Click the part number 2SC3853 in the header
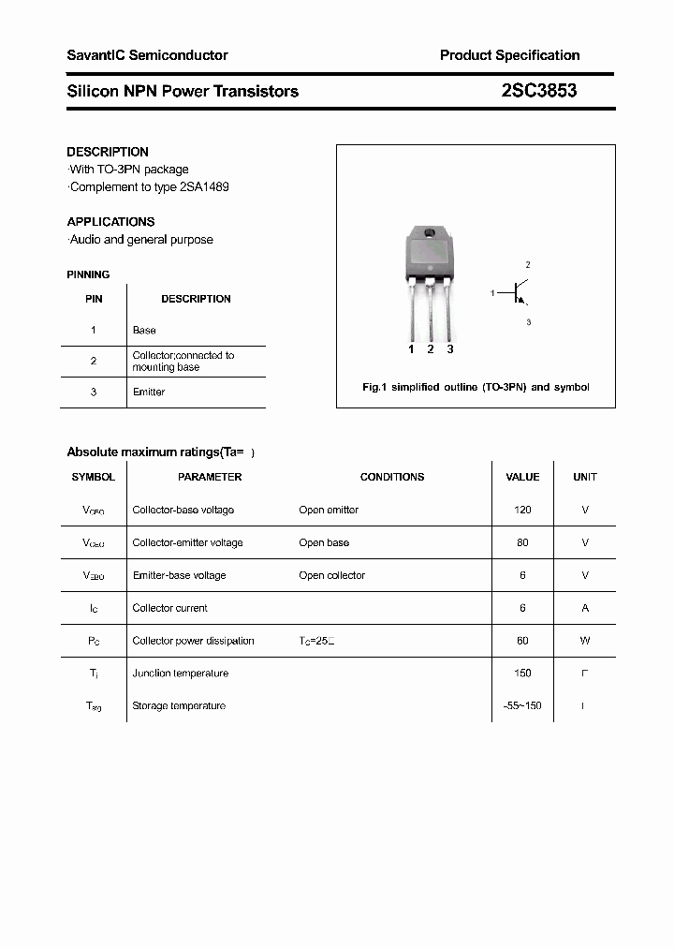(539, 91)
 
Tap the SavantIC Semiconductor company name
(147, 55)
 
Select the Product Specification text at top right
(509, 55)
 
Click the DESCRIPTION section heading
(108, 152)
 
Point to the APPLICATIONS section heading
(110, 222)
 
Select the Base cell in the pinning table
(144, 331)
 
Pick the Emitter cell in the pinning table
(148, 392)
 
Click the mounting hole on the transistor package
(430, 233)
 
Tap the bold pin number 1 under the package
(411, 349)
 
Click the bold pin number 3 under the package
(450, 349)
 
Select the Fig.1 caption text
(476, 387)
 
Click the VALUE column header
(522, 477)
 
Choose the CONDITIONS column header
(392, 477)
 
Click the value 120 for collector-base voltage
(522, 510)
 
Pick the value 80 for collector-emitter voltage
(522, 542)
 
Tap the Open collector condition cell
(331, 575)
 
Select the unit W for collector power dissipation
(585, 641)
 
